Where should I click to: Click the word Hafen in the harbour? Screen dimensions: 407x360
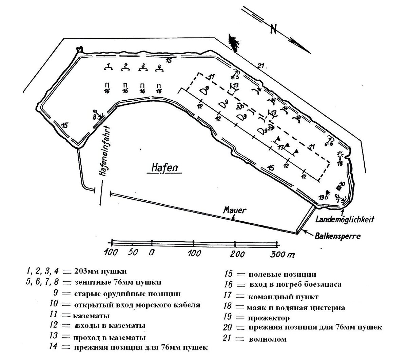(163, 167)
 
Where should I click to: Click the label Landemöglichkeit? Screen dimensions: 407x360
(345, 219)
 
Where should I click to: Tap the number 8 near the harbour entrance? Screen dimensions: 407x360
(94, 117)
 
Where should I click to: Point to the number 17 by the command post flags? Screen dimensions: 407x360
(280, 148)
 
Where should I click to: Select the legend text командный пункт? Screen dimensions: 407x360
(283, 297)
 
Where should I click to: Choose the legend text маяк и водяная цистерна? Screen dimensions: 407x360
(296, 308)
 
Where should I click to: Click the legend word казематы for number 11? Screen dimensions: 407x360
(91, 316)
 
